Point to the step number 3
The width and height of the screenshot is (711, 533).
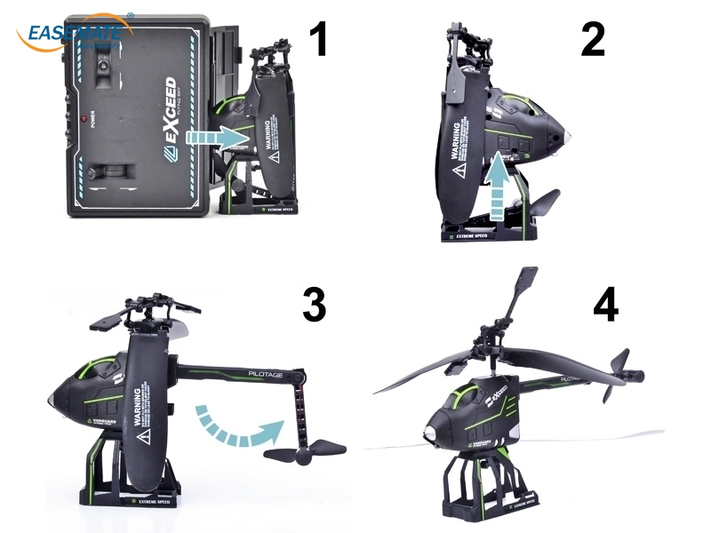coord(313,304)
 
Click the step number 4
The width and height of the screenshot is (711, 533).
coord(605,304)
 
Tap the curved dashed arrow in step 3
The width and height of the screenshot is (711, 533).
coord(236,425)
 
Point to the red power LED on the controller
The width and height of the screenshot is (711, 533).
coord(83,118)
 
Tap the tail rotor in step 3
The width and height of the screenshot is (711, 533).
coord(305,452)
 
